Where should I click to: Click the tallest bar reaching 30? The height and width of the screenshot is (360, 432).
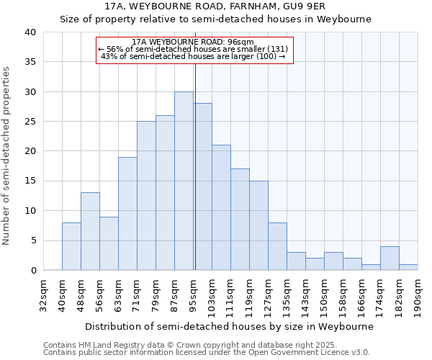click(x=184, y=181)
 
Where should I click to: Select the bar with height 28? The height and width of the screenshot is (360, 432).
click(x=202, y=186)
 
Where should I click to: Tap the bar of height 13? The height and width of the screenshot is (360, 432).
click(x=90, y=231)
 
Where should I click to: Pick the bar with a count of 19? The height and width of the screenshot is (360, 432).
click(x=127, y=213)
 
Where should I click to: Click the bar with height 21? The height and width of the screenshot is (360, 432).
click(x=221, y=207)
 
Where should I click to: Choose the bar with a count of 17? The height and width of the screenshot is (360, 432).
click(x=240, y=220)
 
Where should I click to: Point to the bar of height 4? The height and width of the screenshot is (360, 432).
click(x=390, y=258)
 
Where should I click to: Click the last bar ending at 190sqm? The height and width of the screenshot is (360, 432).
click(x=408, y=267)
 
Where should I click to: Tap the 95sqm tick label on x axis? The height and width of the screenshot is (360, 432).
click(x=193, y=291)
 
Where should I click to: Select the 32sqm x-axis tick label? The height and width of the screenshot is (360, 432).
click(x=43, y=291)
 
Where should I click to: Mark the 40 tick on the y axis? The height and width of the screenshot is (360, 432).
click(x=30, y=32)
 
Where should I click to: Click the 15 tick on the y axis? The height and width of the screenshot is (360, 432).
click(x=30, y=181)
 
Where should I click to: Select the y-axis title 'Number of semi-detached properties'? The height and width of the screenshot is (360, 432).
click(x=6, y=156)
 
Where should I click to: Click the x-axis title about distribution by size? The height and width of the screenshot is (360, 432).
click(x=229, y=326)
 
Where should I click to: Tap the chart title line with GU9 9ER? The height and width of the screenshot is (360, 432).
click(x=215, y=6)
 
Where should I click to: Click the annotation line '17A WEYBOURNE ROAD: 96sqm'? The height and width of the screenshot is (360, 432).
click(x=194, y=42)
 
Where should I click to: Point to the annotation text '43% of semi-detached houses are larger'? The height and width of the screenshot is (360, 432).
click(x=194, y=56)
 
